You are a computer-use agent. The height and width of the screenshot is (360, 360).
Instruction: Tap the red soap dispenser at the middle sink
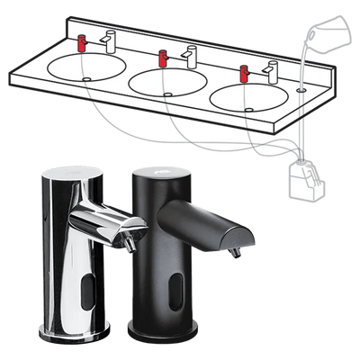162,58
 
